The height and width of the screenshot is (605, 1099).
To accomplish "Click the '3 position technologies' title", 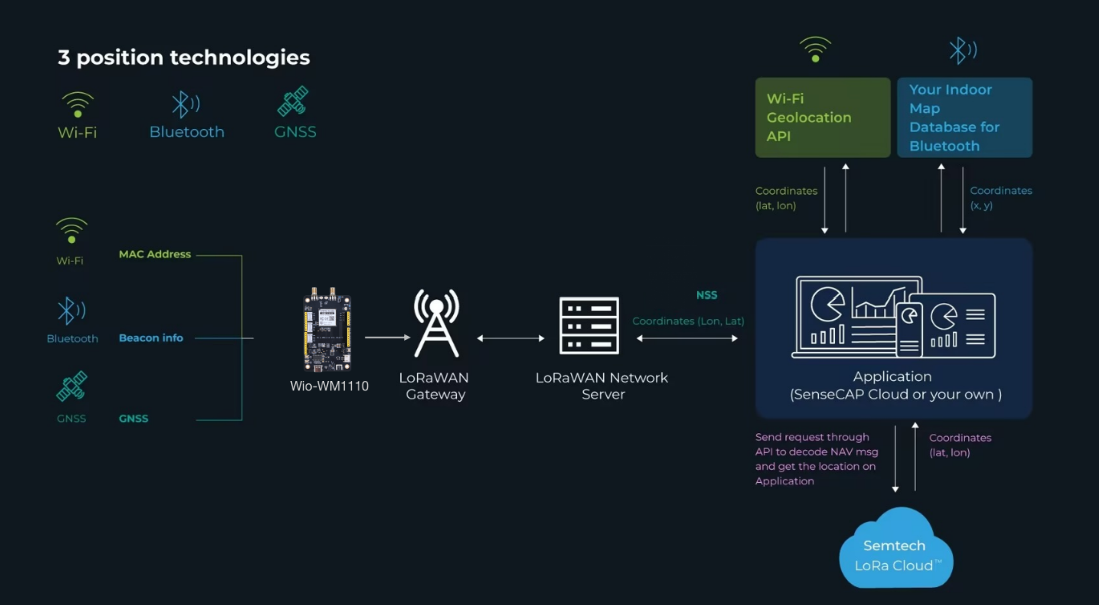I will tap(183, 57).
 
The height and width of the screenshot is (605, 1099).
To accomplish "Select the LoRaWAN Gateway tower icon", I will tap(436, 323).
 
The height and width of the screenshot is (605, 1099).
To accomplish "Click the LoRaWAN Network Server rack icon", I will tap(589, 325).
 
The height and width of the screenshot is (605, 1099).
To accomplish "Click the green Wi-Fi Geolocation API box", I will tap(822, 117).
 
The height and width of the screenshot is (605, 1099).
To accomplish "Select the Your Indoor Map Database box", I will tap(964, 117).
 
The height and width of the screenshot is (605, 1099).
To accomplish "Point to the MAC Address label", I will tap(154, 254).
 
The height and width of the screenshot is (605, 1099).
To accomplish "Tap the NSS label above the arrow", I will tap(706, 295).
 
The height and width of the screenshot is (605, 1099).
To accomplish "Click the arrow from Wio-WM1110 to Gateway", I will tap(387, 337).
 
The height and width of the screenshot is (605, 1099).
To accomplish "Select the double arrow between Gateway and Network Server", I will tap(511, 338).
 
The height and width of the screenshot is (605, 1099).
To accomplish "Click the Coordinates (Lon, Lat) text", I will tap(688, 321).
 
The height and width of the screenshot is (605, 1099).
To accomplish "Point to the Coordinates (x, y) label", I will tap(1000, 197).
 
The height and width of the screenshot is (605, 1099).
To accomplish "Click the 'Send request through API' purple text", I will tap(816, 459).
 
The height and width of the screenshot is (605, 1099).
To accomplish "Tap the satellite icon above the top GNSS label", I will tap(293, 101).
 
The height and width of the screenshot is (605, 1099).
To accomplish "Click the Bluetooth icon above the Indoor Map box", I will tap(963, 50).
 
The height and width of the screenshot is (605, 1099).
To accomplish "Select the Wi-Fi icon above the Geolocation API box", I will tap(815, 49).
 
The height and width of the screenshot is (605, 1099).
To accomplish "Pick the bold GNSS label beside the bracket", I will tap(133, 418).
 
